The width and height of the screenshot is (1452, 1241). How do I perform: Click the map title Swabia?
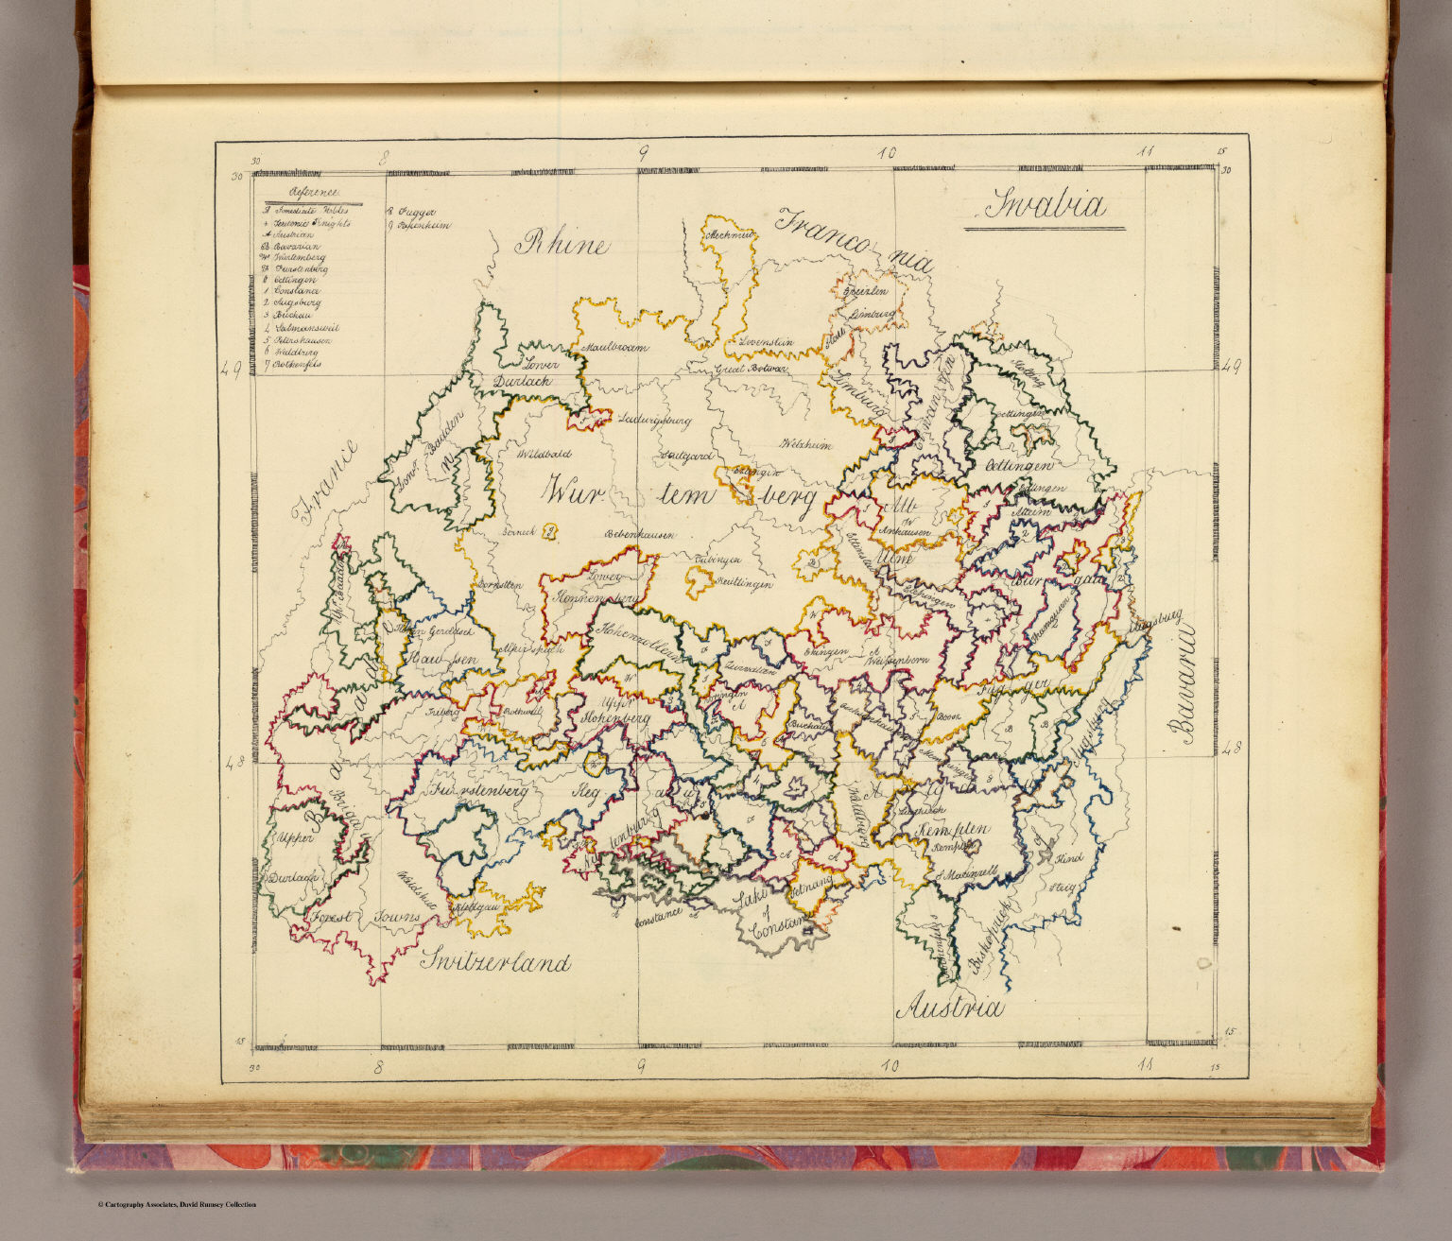click(1045, 206)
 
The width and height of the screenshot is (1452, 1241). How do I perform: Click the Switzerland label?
click(496, 962)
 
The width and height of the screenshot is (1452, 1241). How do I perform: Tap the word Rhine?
click(561, 245)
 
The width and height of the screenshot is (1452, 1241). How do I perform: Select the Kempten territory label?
click(952, 829)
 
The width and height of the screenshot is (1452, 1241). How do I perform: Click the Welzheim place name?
click(804, 444)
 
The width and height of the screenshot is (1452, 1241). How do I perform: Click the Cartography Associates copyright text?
click(177, 1204)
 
